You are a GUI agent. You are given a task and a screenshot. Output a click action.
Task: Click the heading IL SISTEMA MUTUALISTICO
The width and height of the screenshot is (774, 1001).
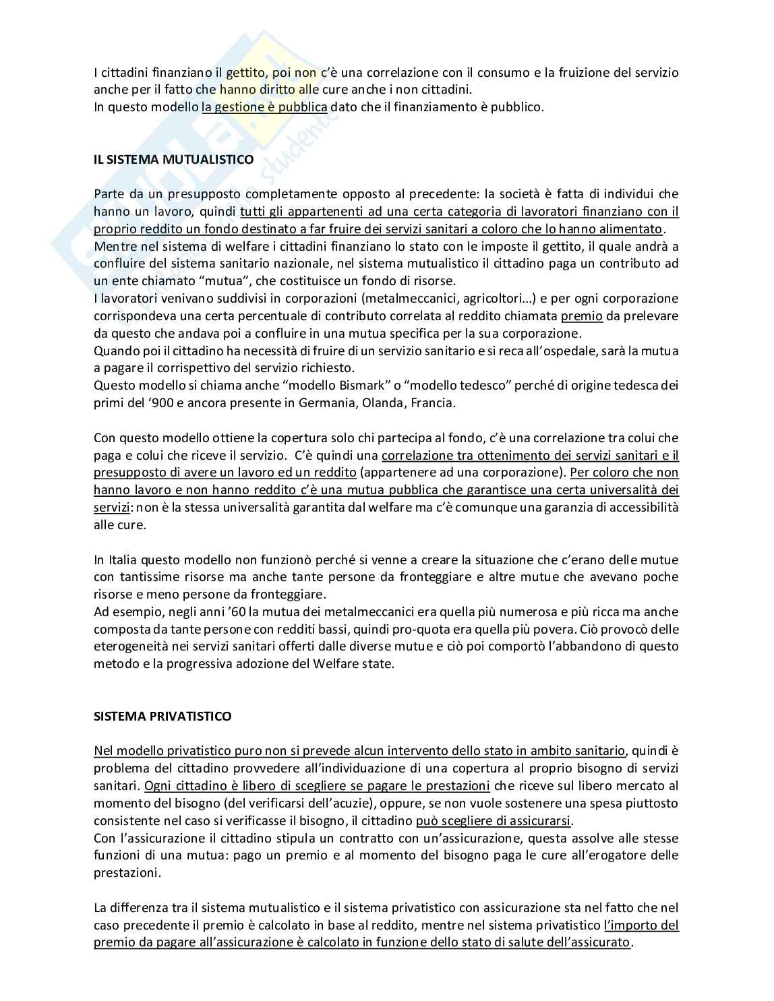[173, 160]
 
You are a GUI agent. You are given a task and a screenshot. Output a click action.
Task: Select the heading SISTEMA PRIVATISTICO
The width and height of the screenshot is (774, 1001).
[162, 716]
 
